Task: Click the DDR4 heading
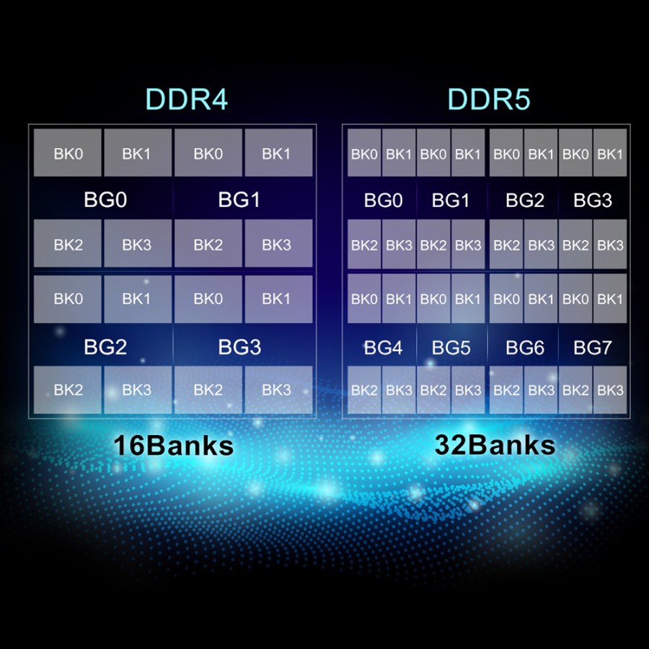[186, 100]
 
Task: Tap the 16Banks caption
[173, 445]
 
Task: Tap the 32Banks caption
[495, 444]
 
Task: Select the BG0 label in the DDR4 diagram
[105, 200]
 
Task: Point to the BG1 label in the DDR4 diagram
[239, 200]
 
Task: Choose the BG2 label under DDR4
[105, 347]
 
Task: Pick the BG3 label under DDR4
[239, 347]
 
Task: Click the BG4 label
[383, 348]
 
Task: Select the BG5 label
[451, 348]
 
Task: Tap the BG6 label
[524, 348]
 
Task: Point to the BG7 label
[592, 348]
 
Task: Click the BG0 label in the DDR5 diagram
[383, 200]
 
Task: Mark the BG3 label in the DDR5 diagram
[592, 200]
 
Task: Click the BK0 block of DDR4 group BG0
[68, 153]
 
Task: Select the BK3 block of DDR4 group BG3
[278, 390]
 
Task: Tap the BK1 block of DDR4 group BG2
[137, 299]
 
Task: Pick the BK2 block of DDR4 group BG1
[208, 244]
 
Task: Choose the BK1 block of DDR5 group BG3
[610, 154]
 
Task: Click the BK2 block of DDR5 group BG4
[364, 390]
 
